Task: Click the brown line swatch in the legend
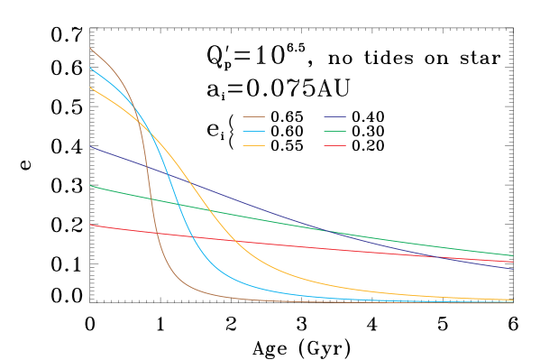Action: [253, 116]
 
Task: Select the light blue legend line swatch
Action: [253, 131]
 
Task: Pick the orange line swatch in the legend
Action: [253, 145]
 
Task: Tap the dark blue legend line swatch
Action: [334, 116]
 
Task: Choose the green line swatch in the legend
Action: [334, 131]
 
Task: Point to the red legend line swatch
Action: [334, 145]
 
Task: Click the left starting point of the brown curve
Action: [90, 48]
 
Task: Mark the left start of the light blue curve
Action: [90, 68]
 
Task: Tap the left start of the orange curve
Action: [90, 88]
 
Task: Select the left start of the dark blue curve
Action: [90, 146]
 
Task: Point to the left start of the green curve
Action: [90, 186]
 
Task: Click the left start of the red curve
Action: [90, 225]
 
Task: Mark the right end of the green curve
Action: [513, 255]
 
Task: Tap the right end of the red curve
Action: [513, 262]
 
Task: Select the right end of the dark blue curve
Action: [513, 269]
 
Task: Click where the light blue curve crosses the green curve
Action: [178, 203]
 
